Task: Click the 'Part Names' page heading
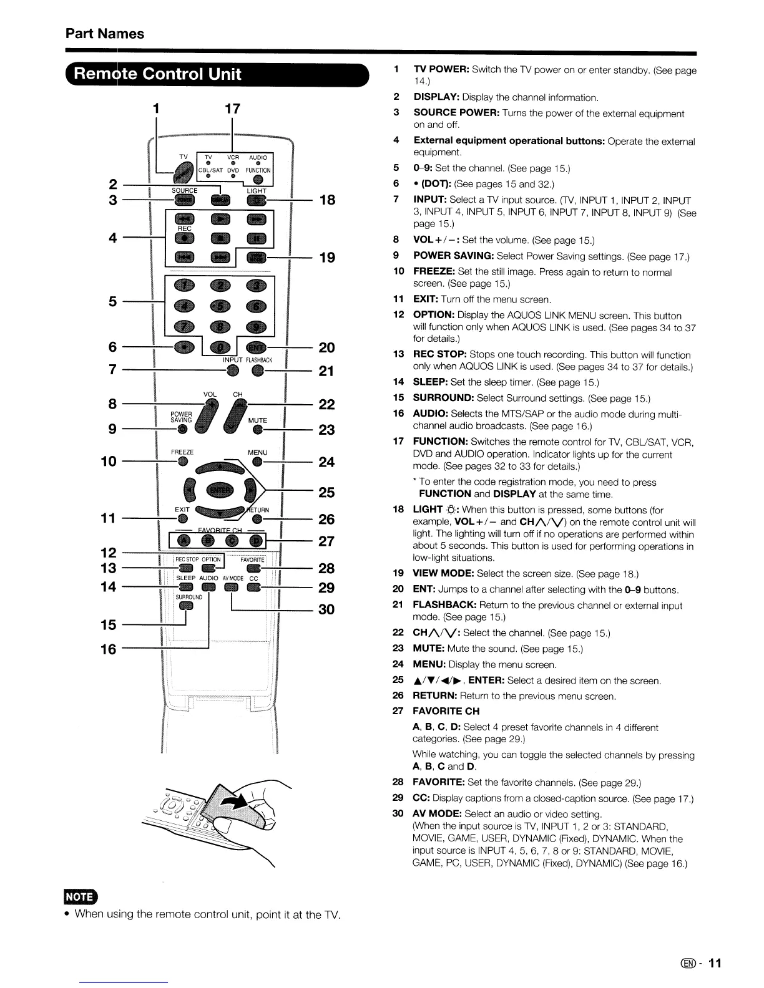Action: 104,34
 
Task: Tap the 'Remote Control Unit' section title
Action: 157,74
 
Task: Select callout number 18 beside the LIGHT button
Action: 327,200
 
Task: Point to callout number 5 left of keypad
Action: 113,302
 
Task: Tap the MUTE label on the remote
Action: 257,420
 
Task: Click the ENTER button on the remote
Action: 218,490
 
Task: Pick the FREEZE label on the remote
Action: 182,452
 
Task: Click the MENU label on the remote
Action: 257,452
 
